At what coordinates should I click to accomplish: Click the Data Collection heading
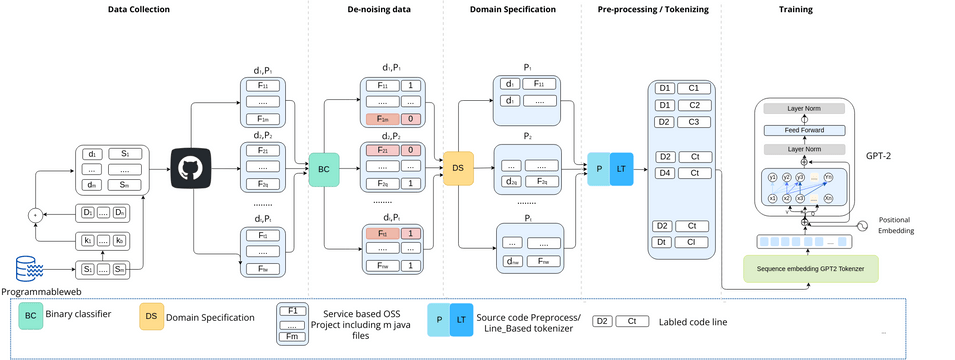pos(138,10)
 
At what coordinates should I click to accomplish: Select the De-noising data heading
pos(372,10)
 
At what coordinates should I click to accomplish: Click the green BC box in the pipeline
pos(324,169)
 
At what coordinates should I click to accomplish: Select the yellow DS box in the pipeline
pos(458,169)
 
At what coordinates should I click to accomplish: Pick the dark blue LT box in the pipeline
pos(623,169)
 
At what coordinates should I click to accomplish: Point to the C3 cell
pos(693,121)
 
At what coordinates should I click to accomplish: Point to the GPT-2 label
pos(883,157)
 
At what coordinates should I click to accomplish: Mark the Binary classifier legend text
pos(79,314)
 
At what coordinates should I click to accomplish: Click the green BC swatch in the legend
pos(31,315)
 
